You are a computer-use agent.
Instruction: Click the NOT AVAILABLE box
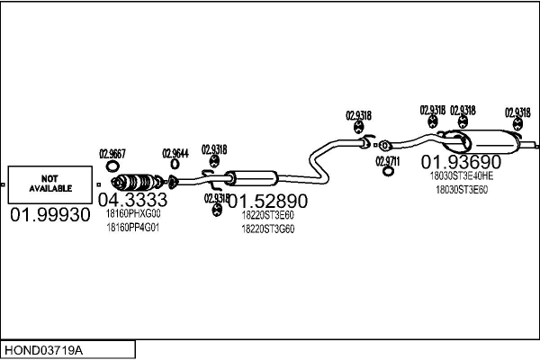tap(49, 184)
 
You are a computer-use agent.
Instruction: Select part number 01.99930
tap(50, 216)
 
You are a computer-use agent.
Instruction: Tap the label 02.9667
tap(112, 152)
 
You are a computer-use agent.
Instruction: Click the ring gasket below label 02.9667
tap(112, 166)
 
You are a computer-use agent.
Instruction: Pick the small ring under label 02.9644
tap(174, 165)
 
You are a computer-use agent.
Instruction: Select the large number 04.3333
tap(132, 200)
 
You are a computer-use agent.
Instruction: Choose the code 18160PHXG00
tap(132, 214)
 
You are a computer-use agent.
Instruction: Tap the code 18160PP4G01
tap(132, 227)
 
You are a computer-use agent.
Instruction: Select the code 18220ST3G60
tap(267, 229)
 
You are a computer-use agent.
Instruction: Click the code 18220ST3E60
tap(267, 215)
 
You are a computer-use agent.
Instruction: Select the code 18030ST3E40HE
tap(462, 176)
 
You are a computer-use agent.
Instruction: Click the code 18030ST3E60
tap(462, 189)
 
